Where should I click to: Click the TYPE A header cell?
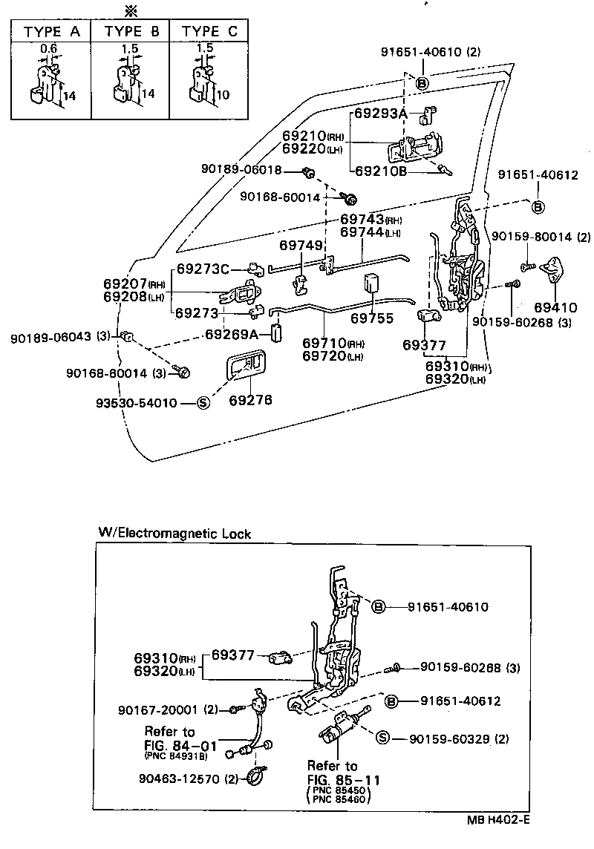point(51,31)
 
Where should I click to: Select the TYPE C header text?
point(211,31)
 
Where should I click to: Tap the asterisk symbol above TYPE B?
point(132,10)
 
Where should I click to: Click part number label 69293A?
point(382,114)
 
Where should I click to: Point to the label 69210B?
point(381,170)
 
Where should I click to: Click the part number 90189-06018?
point(241,170)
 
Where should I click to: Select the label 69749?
point(302,244)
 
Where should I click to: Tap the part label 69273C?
point(203,269)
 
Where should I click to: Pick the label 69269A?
point(232,334)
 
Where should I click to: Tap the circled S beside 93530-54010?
point(203,403)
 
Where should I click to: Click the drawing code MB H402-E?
point(499,820)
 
